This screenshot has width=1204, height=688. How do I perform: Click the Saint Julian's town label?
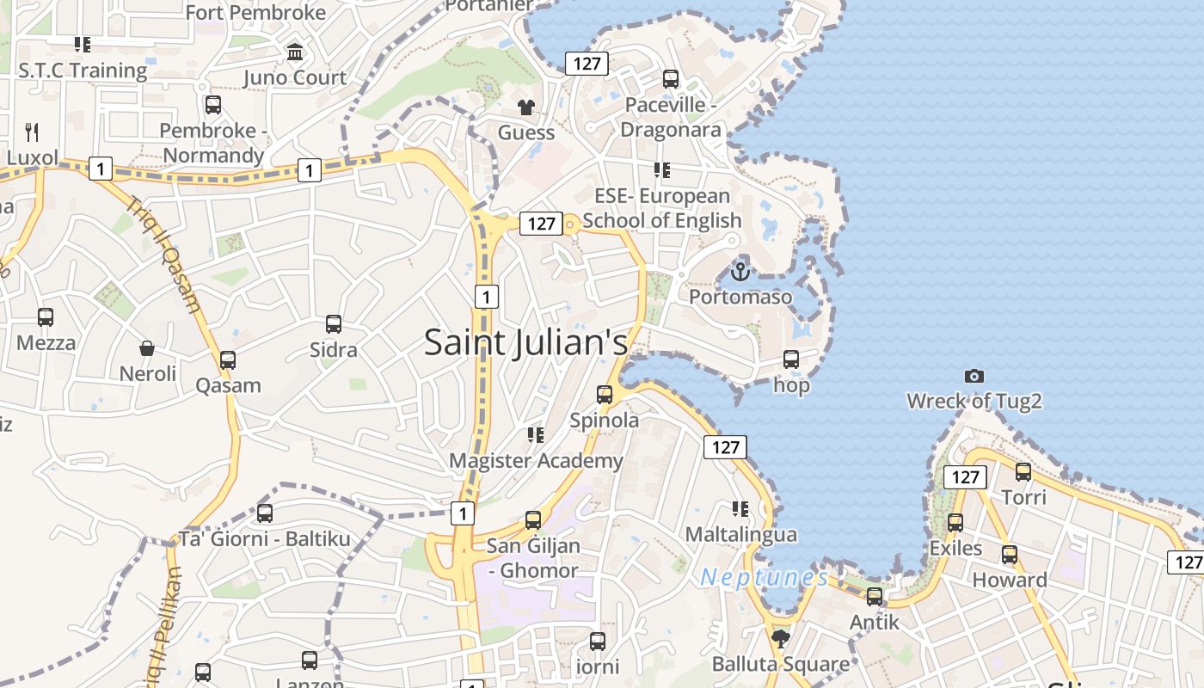click(525, 342)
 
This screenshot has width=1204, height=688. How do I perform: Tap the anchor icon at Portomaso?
click(740, 273)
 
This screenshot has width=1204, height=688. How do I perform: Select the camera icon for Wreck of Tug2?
click(974, 376)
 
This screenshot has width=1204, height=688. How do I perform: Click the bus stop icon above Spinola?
click(605, 395)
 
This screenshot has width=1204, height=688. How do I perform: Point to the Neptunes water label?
click(764, 577)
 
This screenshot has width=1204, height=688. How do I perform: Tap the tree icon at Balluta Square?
click(781, 638)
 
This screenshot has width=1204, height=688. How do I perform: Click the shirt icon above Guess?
click(525, 107)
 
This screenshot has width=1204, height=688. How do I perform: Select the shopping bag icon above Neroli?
click(147, 348)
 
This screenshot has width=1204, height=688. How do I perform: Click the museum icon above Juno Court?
click(295, 52)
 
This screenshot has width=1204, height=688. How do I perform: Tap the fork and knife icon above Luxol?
click(32, 132)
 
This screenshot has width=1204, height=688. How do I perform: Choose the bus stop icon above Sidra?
click(334, 324)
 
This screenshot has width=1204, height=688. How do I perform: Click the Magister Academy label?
click(536, 460)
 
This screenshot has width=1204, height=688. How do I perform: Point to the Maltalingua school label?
click(740, 534)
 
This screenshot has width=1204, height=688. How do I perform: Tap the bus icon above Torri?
click(1023, 471)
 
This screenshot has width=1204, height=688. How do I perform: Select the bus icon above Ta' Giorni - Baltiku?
click(265, 513)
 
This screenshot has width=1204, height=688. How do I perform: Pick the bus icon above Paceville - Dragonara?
click(671, 79)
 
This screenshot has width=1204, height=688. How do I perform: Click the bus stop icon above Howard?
click(1010, 555)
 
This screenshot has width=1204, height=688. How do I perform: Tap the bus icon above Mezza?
click(46, 317)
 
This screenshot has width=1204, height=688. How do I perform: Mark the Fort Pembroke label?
click(255, 12)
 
